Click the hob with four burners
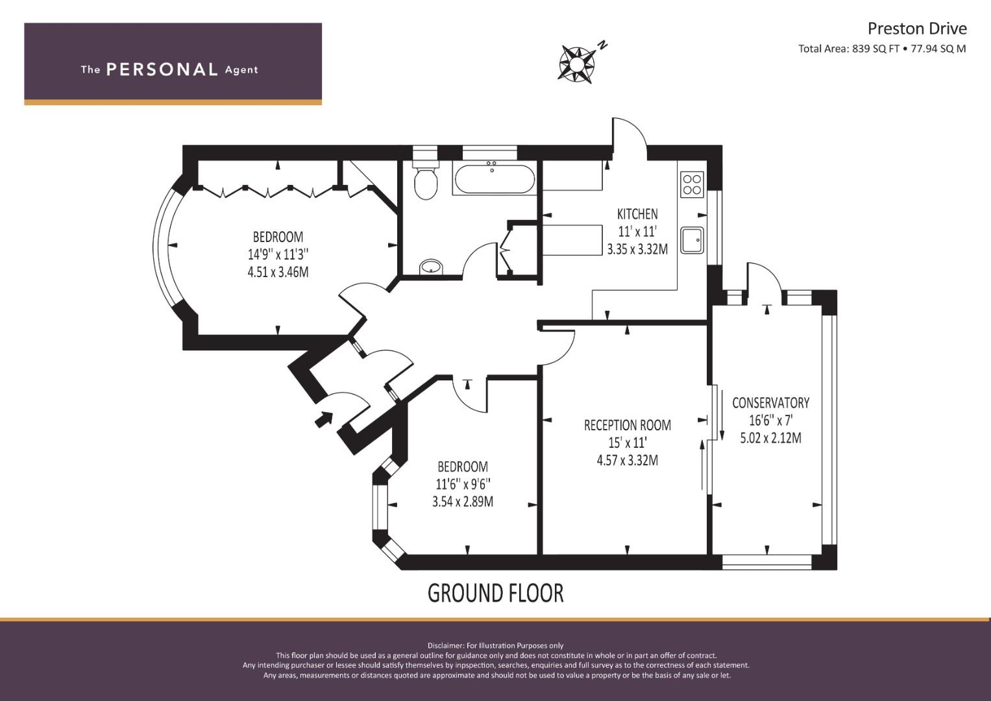click(x=692, y=184)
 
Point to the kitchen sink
click(x=692, y=240)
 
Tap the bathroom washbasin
click(x=431, y=267)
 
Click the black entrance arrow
click(x=324, y=419)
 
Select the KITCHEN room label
click(x=637, y=214)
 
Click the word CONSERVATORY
click(x=771, y=402)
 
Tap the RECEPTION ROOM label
click(x=628, y=425)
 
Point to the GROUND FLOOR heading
click(x=496, y=593)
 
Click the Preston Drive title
click(x=916, y=29)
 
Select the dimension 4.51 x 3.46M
click(x=278, y=272)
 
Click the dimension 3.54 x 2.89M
click(x=463, y=501)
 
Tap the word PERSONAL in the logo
click(x=162, y=69)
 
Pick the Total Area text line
click(x=882, y=49)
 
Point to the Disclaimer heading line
click(x=496, y=646)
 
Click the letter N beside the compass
click(x=602, y=45)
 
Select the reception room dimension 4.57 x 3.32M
click(x=628, y=460)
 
